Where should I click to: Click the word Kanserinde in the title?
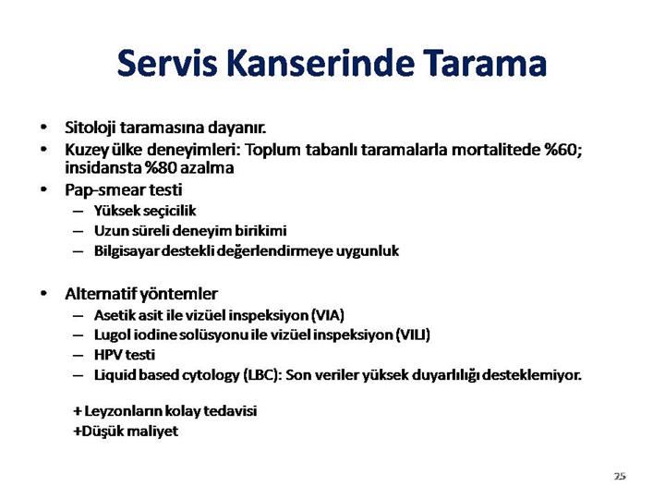coord(320,63)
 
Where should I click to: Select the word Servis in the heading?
coord(167,63)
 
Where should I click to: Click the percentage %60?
coord(562,150)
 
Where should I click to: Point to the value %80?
coord(161,167)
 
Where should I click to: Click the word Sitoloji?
coord(90,128)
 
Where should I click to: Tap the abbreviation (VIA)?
coord(327,315)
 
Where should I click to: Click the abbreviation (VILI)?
coord(413,335)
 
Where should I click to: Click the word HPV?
coord(108,355)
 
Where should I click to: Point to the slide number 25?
coord(620,476)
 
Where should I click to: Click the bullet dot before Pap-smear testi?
coord(43,190)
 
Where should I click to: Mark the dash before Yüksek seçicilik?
coord(78,211)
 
